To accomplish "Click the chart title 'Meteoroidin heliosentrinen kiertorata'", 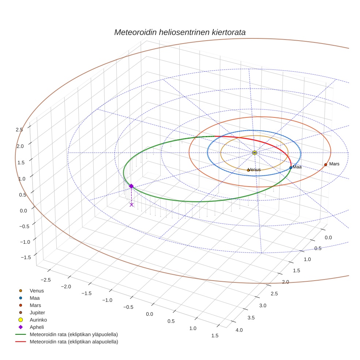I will point(180,32).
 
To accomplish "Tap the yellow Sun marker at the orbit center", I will point(254,153).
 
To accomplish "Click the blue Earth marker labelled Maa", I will point(290,168).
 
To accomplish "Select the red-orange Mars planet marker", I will point(325,165).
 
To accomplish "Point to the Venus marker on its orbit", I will point(248,170).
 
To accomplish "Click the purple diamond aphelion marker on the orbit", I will point(131,186).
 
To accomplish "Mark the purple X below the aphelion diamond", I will point(131,205).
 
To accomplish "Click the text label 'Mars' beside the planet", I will point(334,164).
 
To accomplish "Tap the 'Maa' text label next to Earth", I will point(297,167).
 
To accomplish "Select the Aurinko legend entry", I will point(38,320).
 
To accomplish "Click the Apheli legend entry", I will point(37,327).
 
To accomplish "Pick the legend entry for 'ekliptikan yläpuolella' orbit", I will point(73,334).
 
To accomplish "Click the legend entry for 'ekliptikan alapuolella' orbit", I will point(73,342).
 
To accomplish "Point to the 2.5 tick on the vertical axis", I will point(19,130).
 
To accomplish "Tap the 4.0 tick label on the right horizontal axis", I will point(239,330).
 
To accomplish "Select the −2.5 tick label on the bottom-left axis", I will point(45,280).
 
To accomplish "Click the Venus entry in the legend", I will point(37,290).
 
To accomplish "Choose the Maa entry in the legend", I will point(34,298).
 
